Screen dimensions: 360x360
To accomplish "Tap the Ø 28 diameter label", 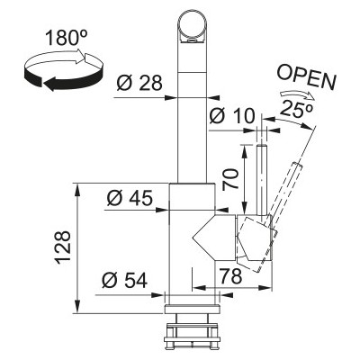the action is point(139,83).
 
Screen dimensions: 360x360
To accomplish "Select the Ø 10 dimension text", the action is point(232,115).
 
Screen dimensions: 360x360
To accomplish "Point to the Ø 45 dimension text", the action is point(130,198).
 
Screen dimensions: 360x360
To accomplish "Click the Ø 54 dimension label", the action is point(124,280).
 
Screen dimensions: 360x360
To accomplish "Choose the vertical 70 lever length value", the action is point(230,179).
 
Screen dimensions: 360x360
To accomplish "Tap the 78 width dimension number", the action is point(230,276).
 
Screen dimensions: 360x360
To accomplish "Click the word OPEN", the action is point(306,77).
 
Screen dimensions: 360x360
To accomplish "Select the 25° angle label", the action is point(297,109).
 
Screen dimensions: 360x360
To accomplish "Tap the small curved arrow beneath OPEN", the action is point(298,94).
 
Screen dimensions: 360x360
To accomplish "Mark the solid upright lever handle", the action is point(262,180).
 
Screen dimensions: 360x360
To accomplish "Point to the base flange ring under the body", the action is point(192,309).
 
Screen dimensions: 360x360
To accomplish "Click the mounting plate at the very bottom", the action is point(192,339).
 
